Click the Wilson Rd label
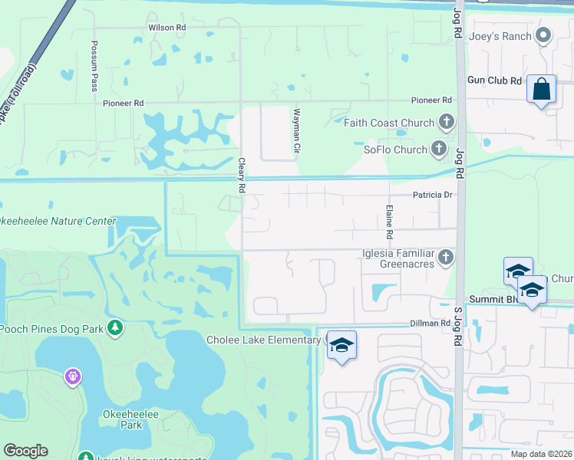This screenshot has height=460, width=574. [167, 27]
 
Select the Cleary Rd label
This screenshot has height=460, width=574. [242, 176]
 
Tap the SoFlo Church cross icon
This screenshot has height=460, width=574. [439, 149]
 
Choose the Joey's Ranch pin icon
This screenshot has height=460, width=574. [543, 34]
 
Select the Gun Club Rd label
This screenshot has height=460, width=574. [495, 80]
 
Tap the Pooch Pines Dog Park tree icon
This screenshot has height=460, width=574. [115, 328]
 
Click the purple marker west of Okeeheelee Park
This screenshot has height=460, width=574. [73, 376]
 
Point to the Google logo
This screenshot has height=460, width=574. [26, 451]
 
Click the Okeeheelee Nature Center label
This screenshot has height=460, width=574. [58, 222]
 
